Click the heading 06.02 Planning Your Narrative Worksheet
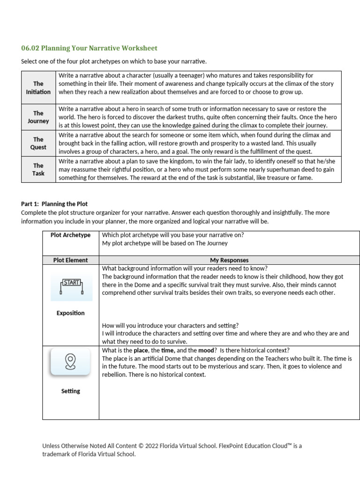(x=90, y=48)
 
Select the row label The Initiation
(x=38, y=88)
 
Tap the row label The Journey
(x=38, y=117)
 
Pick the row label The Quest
(x=38, y=143)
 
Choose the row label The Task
(x=38, y=170)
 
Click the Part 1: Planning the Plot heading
(x=54, y=204)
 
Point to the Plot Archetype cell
(x=70, y=235)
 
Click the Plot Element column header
(x=70, y=260)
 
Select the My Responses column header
(x=229, y=260)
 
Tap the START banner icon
(x=72, y=285)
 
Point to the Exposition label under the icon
(x=70, y=313)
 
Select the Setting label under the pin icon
(x=70, y=391)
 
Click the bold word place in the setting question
(x=141, y=350)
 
